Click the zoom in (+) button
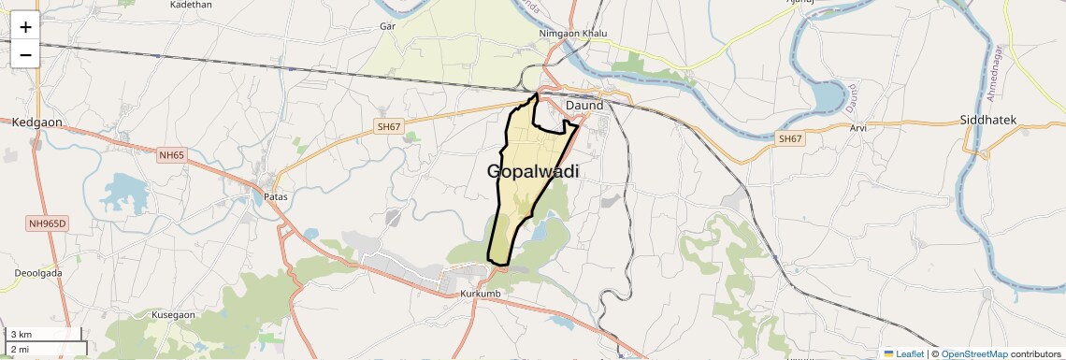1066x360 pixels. tap(25, 27)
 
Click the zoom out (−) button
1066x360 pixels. tap(25, 55)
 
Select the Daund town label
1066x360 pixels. tap(584, 106)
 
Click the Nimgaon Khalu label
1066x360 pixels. tap(573, 34)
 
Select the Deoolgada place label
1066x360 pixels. tap(38, 273)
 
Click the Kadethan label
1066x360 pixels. tap(192, 5)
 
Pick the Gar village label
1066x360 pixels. tap(388, 26)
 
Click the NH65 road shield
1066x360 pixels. tap(172, 155)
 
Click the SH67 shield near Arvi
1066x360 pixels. tap(790, 138)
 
